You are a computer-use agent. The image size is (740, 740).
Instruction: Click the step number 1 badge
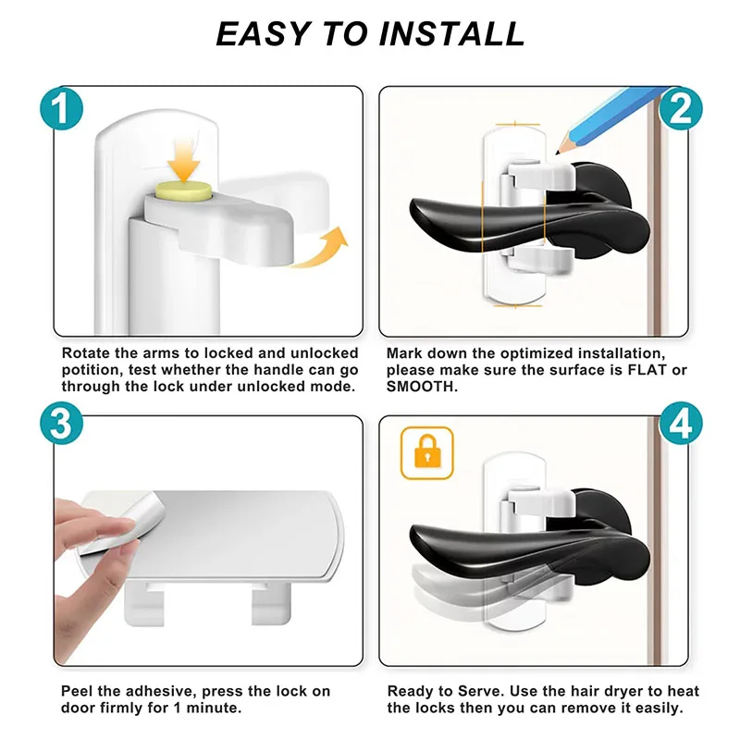[61, 108]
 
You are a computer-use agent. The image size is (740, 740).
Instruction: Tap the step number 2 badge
[680, 108]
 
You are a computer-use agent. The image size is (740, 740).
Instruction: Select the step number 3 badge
[61, 423]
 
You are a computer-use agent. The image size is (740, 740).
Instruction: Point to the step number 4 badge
[680, 423]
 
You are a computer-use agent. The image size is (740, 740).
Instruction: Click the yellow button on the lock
[183, 191]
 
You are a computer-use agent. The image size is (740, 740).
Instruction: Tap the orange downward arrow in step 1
[183, 159]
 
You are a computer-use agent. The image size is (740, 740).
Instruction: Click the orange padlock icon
[427, 453]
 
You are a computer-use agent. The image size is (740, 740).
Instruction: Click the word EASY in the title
[264, 34]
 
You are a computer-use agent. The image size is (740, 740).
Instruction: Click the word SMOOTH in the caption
[420, 387]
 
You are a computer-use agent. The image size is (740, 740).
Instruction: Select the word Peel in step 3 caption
[78, 691]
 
